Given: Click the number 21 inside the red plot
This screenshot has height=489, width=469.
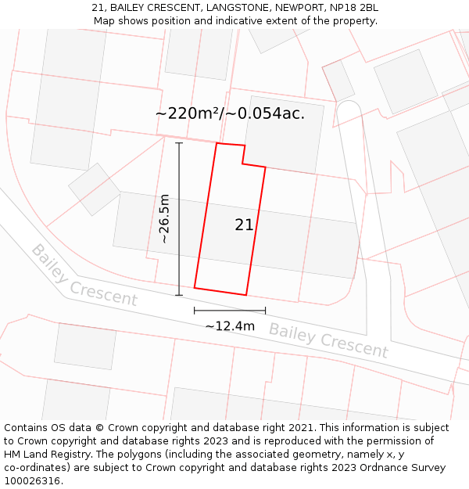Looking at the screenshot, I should point(244,225).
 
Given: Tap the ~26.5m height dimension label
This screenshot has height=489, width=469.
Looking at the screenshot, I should point(164,219).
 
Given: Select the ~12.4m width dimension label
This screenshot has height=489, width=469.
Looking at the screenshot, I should point(230,325).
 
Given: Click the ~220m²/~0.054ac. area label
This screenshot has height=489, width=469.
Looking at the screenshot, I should point(230,113).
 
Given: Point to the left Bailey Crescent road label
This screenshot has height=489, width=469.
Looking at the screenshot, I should point(84,275).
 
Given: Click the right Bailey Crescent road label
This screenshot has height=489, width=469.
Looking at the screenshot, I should point(328,340).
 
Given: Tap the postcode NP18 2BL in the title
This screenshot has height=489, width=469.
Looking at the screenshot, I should point(353,8).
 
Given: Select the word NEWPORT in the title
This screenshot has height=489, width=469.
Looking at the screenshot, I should point(301,8).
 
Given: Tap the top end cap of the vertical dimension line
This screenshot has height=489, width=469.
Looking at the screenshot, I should point(179,143).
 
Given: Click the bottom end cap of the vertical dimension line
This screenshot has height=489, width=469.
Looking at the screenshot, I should point(179,295).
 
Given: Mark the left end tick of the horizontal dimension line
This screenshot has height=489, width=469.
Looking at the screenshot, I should point(195,311).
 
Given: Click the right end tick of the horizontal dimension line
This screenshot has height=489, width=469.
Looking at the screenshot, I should point(265,311).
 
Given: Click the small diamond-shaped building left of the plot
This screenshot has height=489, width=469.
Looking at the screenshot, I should point(94,189).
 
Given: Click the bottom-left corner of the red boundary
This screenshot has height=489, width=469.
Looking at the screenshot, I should point(195,287).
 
